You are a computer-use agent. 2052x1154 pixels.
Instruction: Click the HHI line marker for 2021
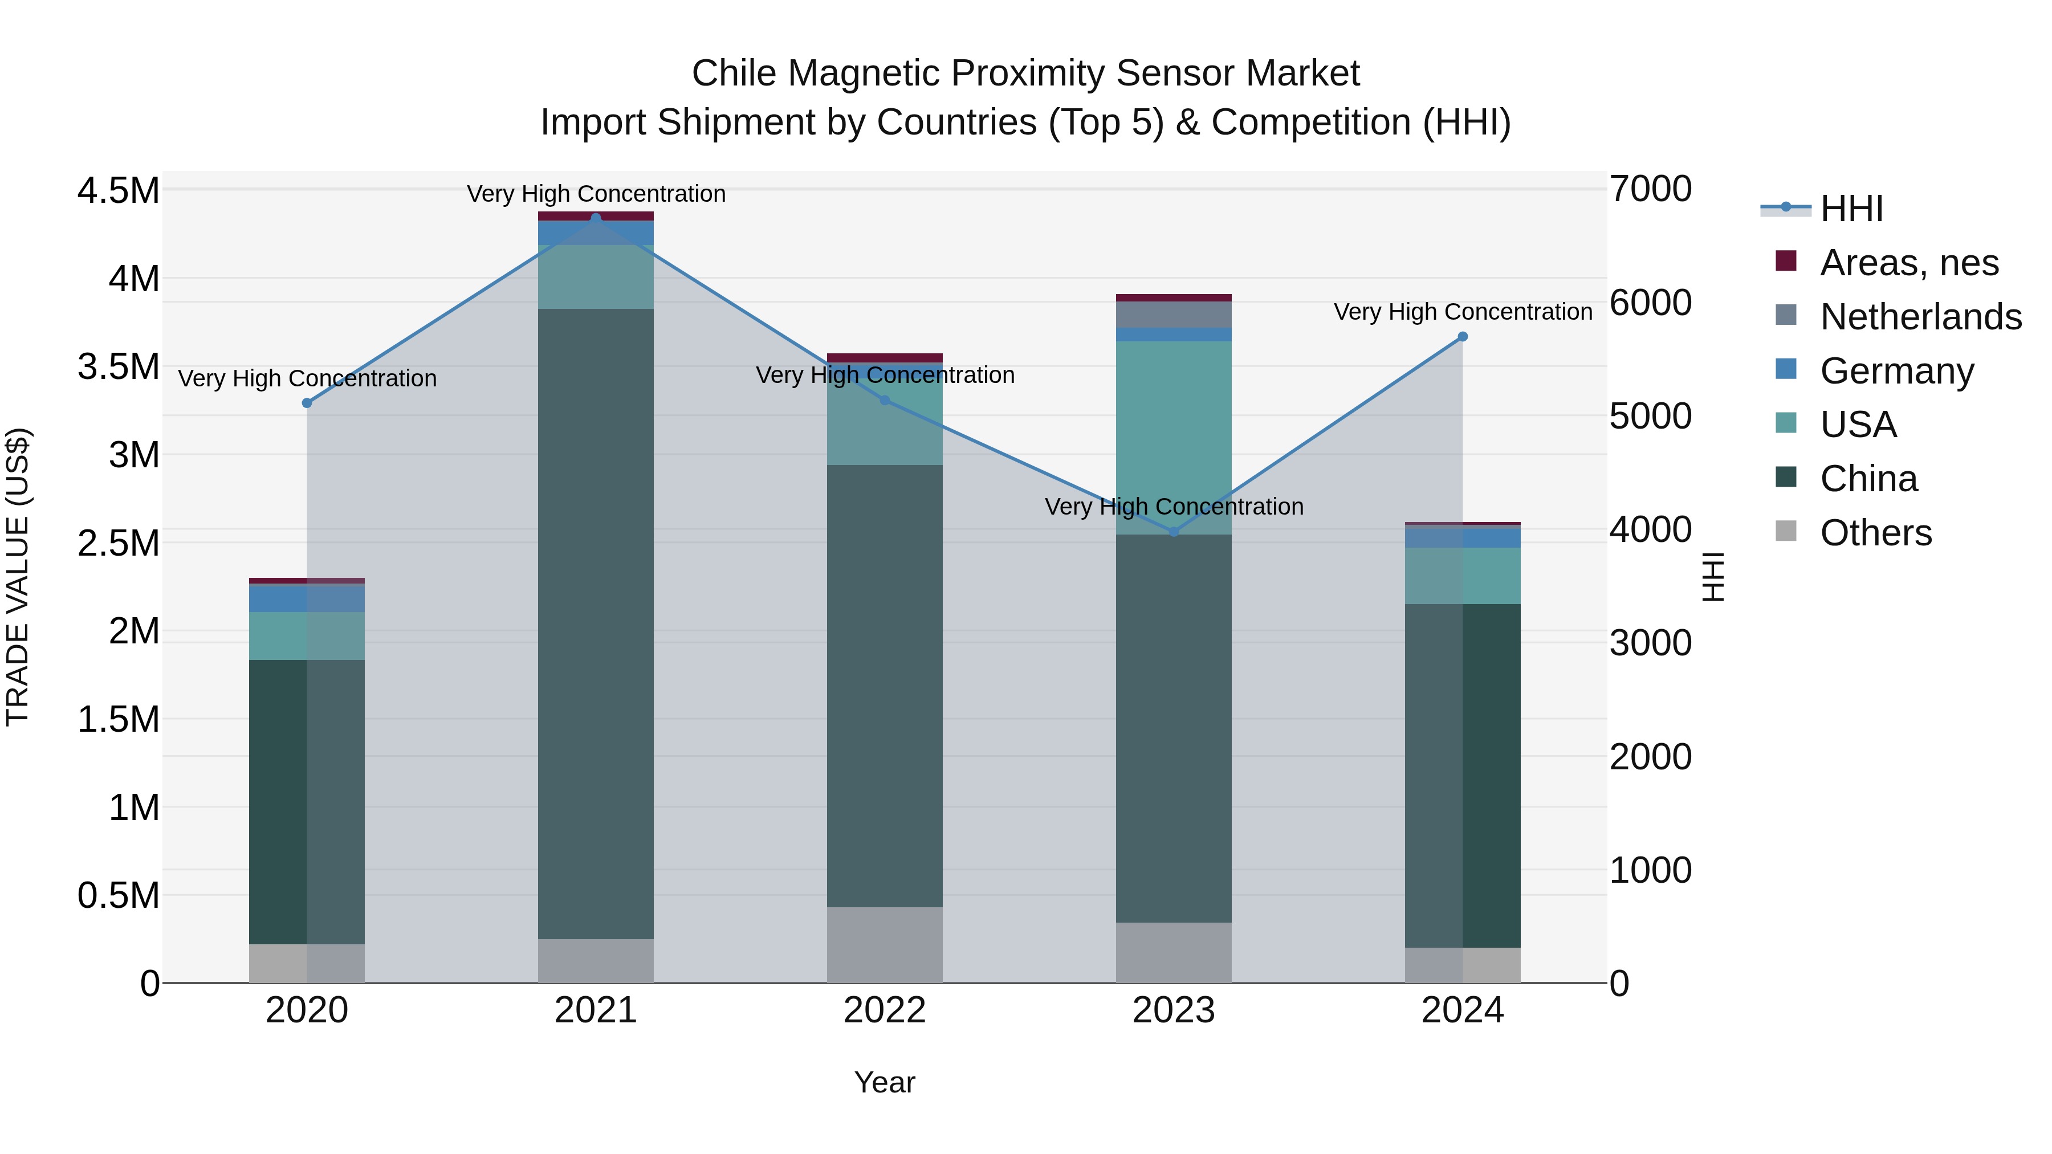click(595, 218)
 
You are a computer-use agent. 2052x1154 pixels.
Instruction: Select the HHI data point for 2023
click(1174, 531)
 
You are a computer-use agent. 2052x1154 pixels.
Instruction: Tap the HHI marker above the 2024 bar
click(1463, 337)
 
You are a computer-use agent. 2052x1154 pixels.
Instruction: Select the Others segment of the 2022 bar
click(884, 944)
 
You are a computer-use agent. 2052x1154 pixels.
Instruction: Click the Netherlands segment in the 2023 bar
click(1174, 315)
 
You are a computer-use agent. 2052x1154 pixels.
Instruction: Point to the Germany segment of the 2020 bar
click(307, 598)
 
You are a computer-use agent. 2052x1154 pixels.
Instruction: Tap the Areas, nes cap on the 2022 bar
click(884, 357)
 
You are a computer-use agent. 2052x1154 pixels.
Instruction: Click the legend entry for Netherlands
click(1920, 317)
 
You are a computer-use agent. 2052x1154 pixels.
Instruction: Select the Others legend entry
click(1875, 533)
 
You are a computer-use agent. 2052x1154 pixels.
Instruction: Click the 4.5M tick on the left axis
click(118, 192)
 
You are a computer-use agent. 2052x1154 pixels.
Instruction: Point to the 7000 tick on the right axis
click(1650, 190)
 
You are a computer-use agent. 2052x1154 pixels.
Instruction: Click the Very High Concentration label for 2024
click(1463, 312)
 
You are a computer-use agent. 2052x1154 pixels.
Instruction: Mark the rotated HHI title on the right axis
click(1713, 577)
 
